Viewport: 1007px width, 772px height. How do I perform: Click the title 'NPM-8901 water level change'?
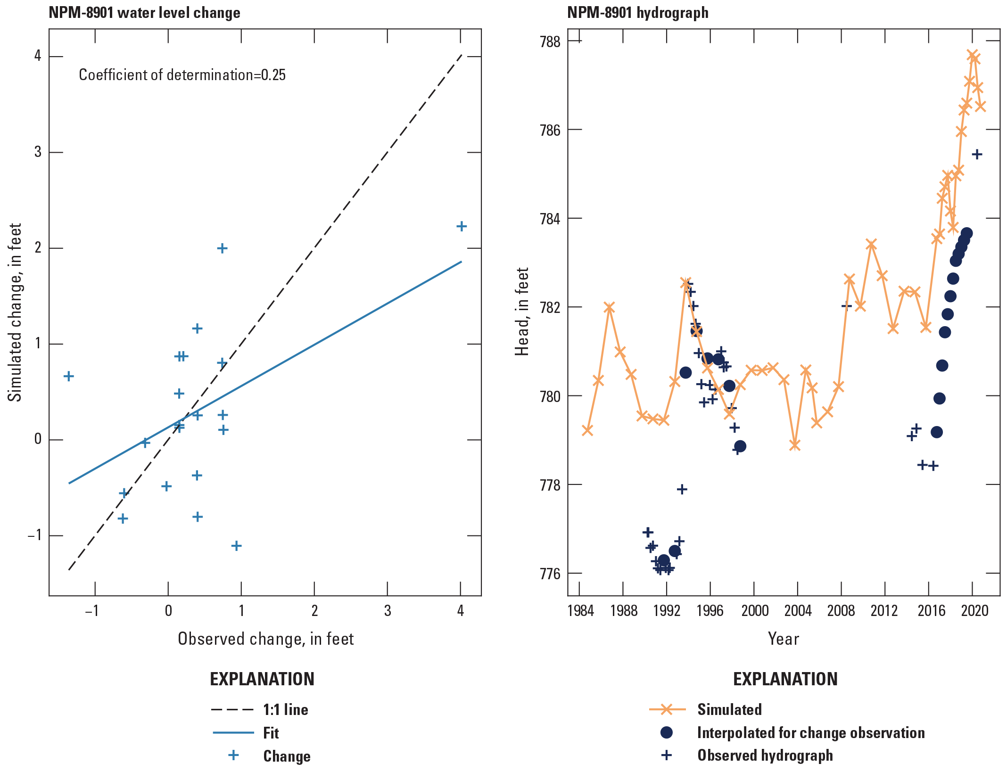pos(144,13)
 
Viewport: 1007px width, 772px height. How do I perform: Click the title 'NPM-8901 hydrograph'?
pos(637,13)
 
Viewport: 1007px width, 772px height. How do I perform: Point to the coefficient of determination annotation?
pos(182,75)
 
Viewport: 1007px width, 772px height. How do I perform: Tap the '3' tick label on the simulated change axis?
pos(38,152)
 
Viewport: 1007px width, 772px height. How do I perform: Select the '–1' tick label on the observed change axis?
pos(92,611)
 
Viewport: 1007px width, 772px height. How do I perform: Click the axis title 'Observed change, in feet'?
pos(265,639)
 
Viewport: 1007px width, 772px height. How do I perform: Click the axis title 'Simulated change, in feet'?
pos(15,312)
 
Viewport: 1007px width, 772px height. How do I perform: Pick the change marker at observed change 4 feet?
pos(462,226)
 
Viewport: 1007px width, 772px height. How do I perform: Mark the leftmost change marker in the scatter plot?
pos(69,376)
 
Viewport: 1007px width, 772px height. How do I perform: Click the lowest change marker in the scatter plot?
pos(237,546)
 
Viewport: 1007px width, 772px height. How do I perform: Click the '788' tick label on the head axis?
pos(550,41)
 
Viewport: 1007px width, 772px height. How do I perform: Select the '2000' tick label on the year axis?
pos(754,611)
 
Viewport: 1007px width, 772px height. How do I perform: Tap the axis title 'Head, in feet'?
pos(522,312)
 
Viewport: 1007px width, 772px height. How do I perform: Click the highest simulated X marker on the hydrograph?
pos(972,55)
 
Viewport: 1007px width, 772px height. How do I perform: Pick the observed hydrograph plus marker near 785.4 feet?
pos(977,154)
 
